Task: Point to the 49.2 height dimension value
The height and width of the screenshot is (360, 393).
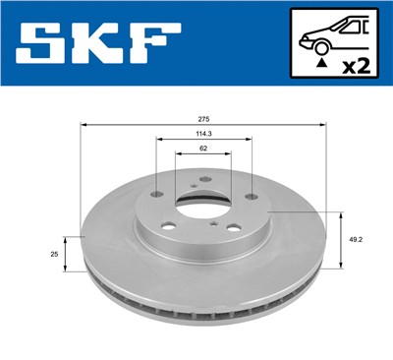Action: click(353, 237)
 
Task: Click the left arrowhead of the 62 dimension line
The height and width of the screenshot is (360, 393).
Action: click(178, 156)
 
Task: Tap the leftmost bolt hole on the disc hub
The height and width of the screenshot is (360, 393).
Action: click(157, 195)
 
